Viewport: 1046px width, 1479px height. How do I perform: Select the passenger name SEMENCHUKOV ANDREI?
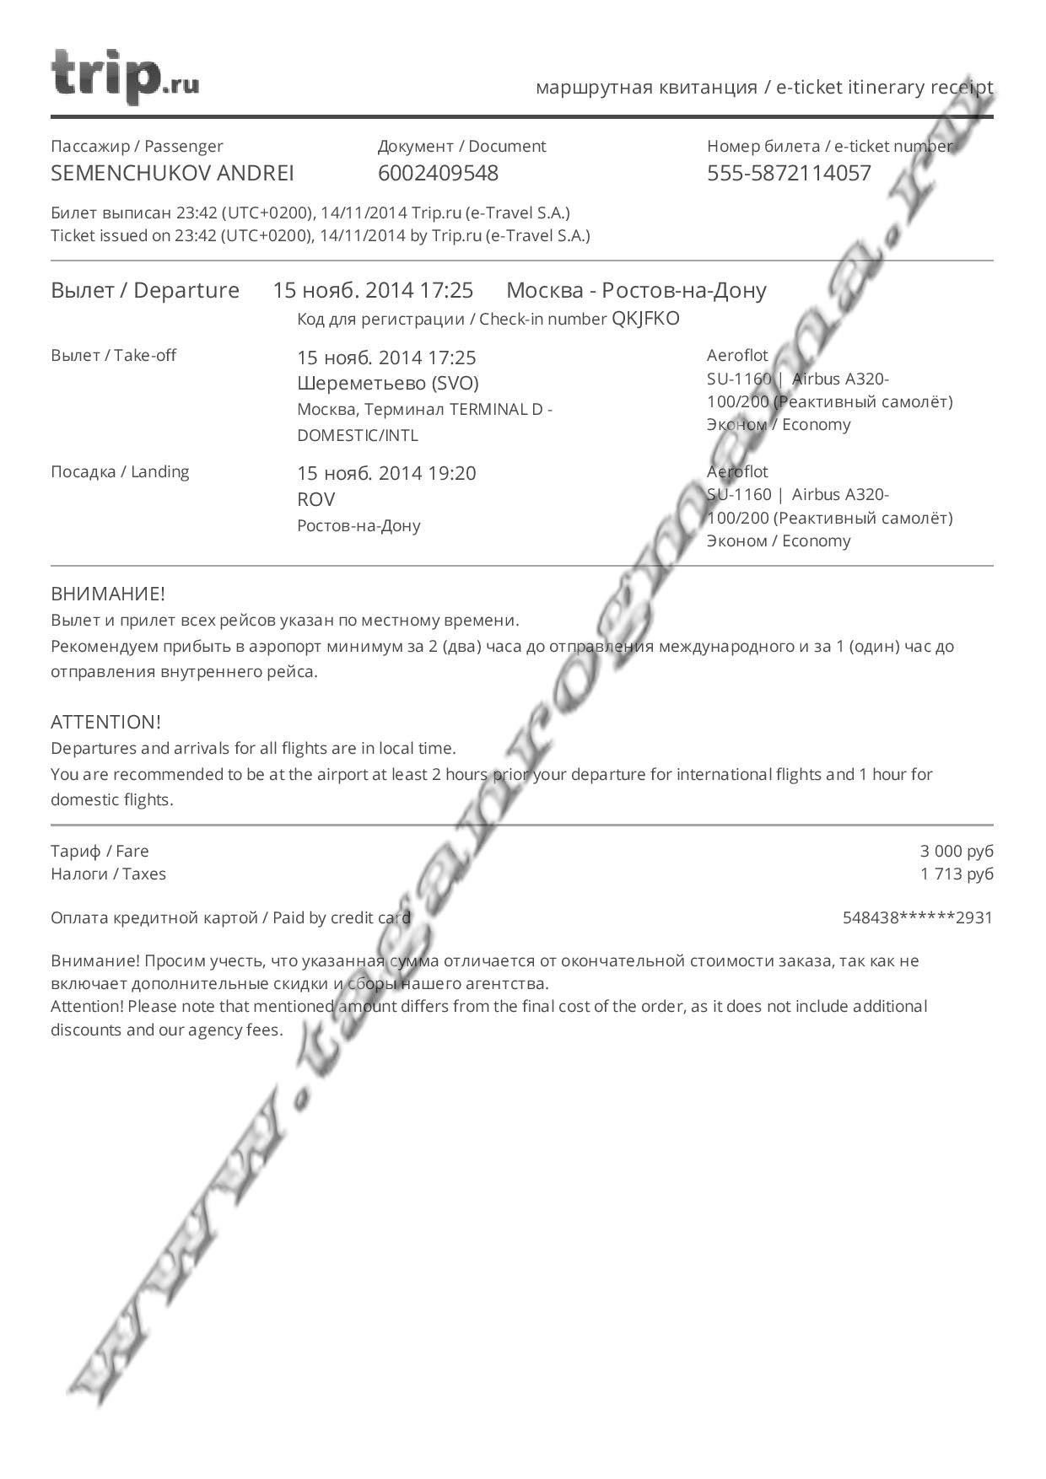pos(172,173)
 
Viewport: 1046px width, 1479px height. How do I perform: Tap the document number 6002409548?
pos(438,173)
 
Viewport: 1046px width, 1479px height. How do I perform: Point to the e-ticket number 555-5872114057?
pos(789,173)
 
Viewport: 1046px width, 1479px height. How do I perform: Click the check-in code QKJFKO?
pos(645,319)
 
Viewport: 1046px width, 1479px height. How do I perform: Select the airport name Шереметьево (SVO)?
pos(387,384)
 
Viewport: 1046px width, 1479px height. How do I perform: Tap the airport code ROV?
pos(315,499)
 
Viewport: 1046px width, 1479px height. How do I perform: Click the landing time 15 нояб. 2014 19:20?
pos(386,473)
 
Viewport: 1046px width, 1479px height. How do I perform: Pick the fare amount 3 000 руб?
pos(957,851)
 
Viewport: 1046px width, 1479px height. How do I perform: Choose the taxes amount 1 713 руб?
pos(957,874)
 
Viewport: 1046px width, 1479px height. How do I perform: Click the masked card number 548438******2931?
pos(918,917)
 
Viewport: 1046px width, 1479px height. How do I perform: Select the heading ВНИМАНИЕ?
pos(108,594)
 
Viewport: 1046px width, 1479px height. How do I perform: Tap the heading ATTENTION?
pos(105,722)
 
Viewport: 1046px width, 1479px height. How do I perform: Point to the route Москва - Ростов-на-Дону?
pos(636,290)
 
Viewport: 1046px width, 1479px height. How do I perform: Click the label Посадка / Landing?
pos(120,471)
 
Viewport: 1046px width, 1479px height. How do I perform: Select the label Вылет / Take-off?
pos(113,355)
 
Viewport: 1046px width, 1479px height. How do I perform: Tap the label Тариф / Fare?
pos(100,851)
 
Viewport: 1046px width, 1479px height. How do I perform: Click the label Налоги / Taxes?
pos(108,874)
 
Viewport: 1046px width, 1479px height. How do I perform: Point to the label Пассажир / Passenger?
pos(137,146)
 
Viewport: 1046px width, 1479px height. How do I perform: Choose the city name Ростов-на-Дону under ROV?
pos(359,525)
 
